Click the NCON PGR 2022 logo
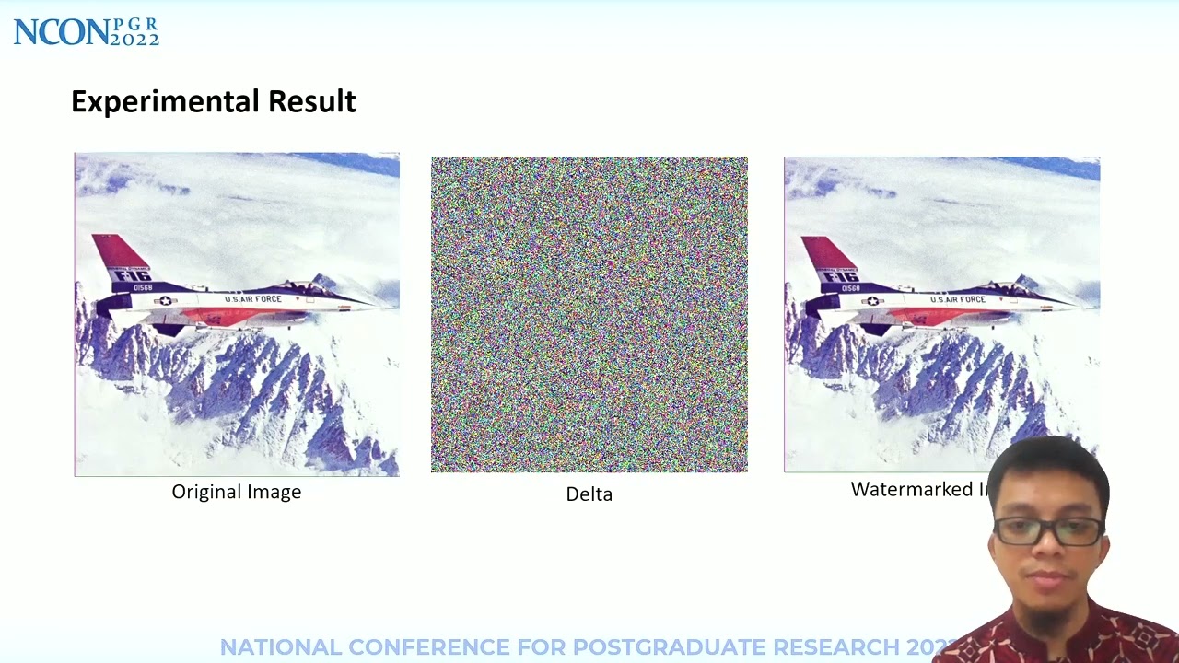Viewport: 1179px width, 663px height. tap(86, 32)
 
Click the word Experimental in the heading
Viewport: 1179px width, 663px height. tap(165, 101)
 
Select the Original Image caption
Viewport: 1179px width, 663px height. tap(237, 492)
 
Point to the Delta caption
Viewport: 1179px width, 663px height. tap(589, 494)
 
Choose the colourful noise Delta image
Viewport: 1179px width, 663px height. tap(589, 314)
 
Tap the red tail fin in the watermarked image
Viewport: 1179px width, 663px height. tap(827, 252)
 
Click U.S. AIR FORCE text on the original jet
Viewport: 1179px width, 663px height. tap(253, 299)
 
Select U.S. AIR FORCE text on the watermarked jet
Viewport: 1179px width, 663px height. tap(958, 299)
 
